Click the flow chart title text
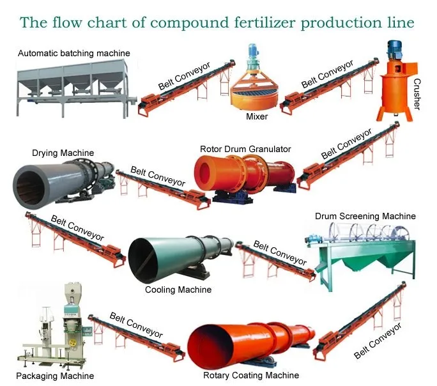point(217,22)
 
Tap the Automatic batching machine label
point(74,52)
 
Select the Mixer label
point(256,116)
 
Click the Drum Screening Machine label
point(365,216)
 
